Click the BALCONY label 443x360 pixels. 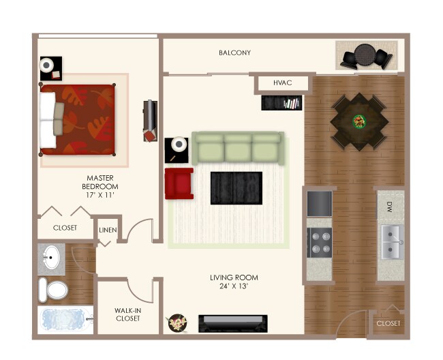pos(234,52)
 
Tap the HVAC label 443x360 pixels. pos(282,83)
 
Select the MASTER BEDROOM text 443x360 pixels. pos(100,186)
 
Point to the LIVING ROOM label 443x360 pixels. pos(234,282)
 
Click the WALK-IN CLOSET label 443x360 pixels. pos(127,314)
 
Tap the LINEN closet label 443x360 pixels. pos(108,230)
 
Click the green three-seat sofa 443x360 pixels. pos(236,148)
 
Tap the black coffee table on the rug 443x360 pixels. pos(236,187)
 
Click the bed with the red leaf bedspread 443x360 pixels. pos(78,119)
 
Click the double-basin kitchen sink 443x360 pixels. pos(391,242)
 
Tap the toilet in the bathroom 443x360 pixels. pos(52,290)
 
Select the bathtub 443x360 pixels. pos(63,320)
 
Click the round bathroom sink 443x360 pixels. pos(50,258)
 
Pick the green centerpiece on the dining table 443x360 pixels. pos(358,121)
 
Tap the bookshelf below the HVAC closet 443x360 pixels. pos(281,103)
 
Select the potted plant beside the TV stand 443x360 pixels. pos(178,322)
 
